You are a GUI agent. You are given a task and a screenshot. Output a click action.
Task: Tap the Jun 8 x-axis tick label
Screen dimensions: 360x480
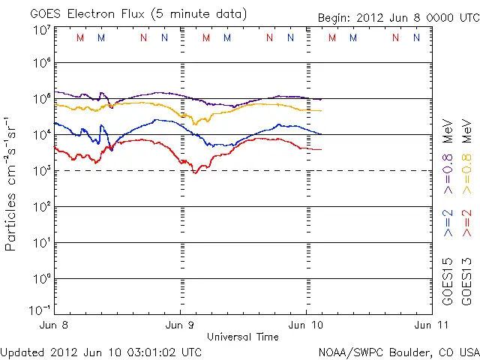click(54, 325)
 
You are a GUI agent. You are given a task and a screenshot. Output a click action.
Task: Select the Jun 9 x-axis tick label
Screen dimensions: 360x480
click(180, 325)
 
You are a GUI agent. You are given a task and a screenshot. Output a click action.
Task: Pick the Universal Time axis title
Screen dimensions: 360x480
click(243, 337)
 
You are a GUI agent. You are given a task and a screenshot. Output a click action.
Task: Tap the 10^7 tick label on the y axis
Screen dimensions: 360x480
click(41, 31)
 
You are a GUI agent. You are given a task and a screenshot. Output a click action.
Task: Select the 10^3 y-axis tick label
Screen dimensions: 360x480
click(41, 171)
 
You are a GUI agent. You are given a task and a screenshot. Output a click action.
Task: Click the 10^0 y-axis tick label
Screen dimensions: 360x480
click(41, 279)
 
